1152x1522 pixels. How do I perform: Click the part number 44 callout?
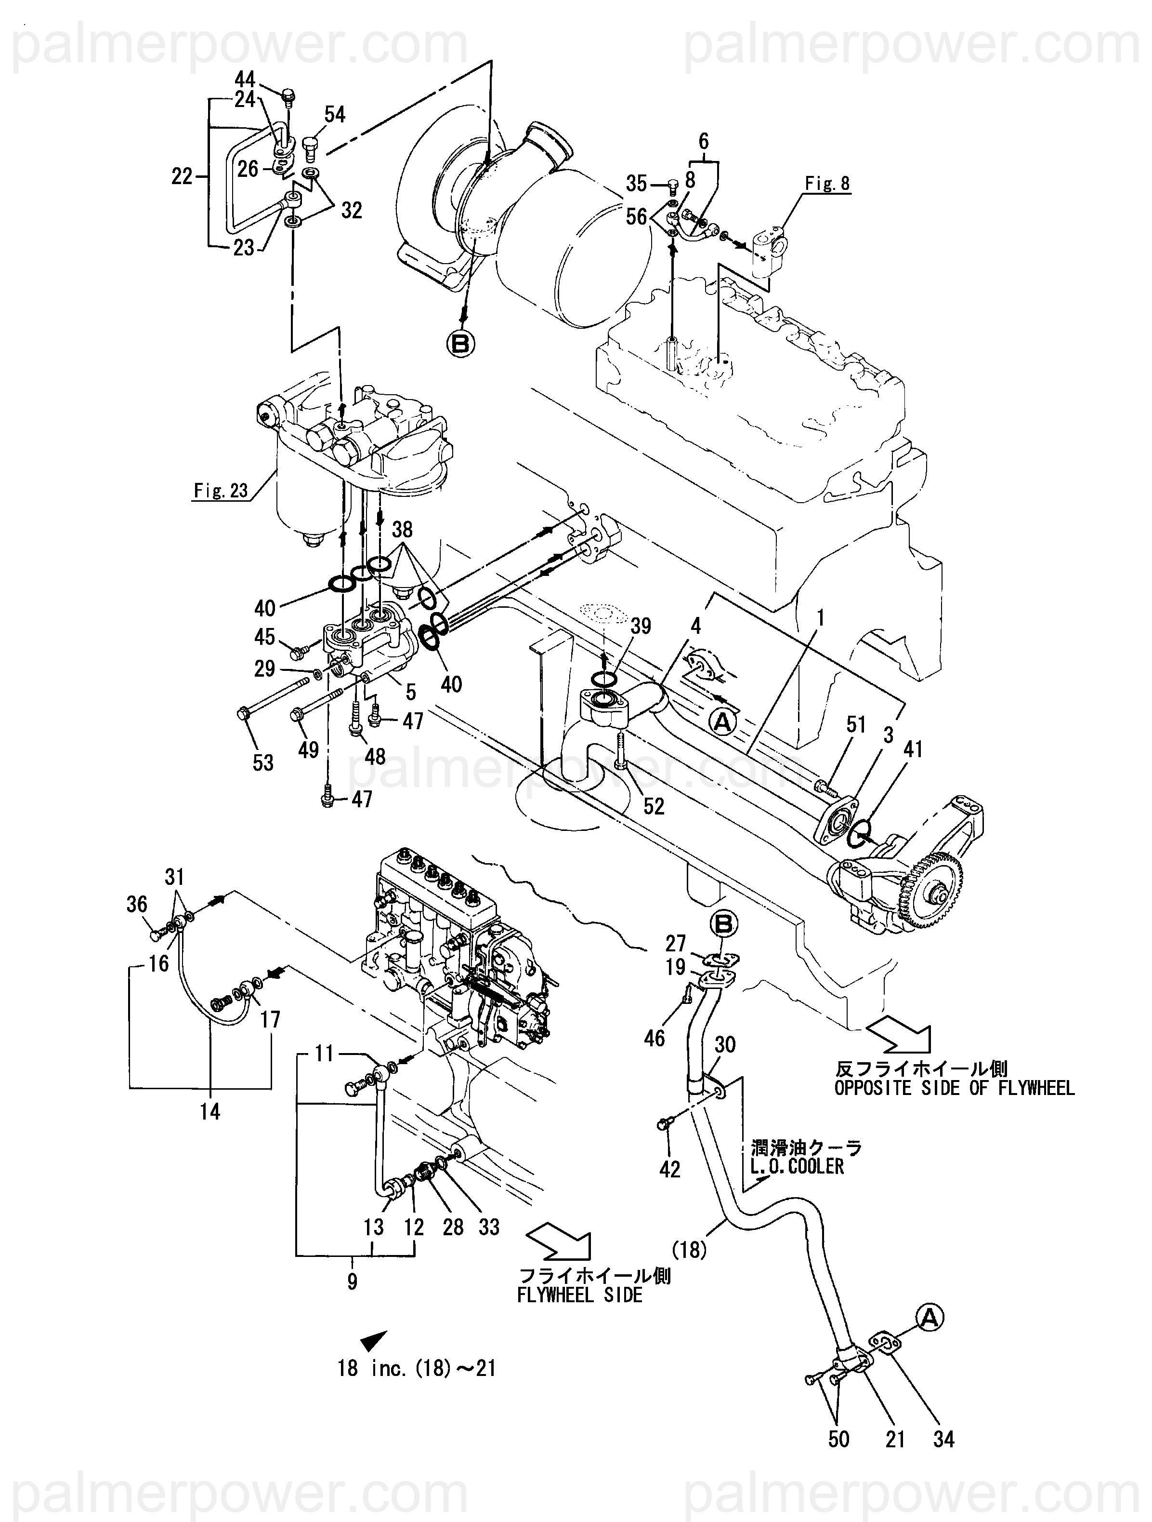(244, 79)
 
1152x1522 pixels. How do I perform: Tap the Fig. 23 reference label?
(220, 491)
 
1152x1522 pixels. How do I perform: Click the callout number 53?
(263, 762)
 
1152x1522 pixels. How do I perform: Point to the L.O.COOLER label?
(797, 1166)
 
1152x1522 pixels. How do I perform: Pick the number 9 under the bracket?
(352, 1282)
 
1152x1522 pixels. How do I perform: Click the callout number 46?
(654, 1038)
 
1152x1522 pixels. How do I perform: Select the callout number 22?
(182, 177)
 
